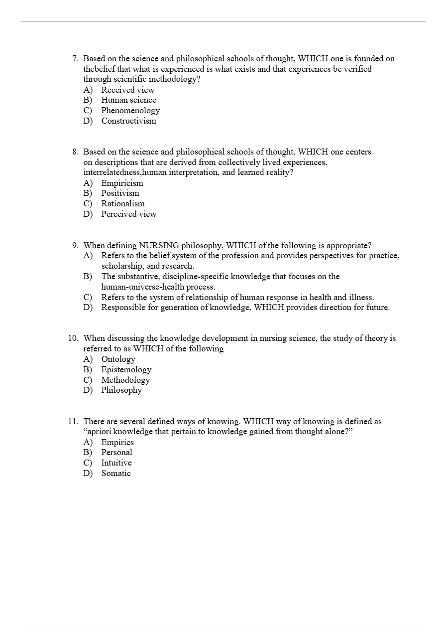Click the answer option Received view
tap(127, 90)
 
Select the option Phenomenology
tap(130, 111)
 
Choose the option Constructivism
tap(128, 121)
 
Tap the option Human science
tap(128, 100)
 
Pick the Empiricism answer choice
tap(122, 183)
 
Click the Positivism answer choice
tap(120, 193)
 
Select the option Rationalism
tap(123, 203)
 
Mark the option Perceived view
tap(128, 214)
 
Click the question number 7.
tap(75, 59)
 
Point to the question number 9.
tap(75, 245)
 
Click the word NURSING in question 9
tap(159, 245)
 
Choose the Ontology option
tap(118, 359)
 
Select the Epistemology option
tap(126, 369)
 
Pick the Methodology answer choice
tap(125, 380)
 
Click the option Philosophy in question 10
tap(121, 390)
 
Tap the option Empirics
tap(117, 442)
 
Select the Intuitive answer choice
tap(116, 463)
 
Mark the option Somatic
tap(116, 473)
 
